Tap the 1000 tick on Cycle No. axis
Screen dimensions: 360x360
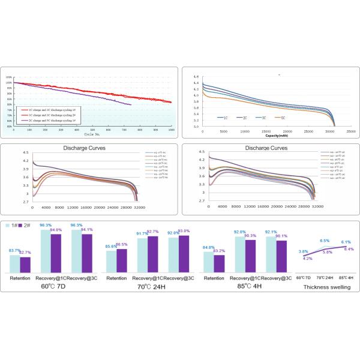pyautogui.click(x=172, y=130)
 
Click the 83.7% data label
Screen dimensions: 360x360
pyautogui.click(x=15, y=250)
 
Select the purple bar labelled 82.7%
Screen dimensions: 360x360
pyautogui.click(x=25, y=265)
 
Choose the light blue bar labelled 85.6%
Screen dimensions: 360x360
pyautogui.click(x=112, y=262)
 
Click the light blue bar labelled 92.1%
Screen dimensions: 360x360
pyautogui.click(x=269, y=252)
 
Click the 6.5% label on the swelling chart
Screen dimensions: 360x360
pyautogui.click(x=325, y=241)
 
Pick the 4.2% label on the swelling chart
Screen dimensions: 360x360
pyautogui.click(x=308, y=259)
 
